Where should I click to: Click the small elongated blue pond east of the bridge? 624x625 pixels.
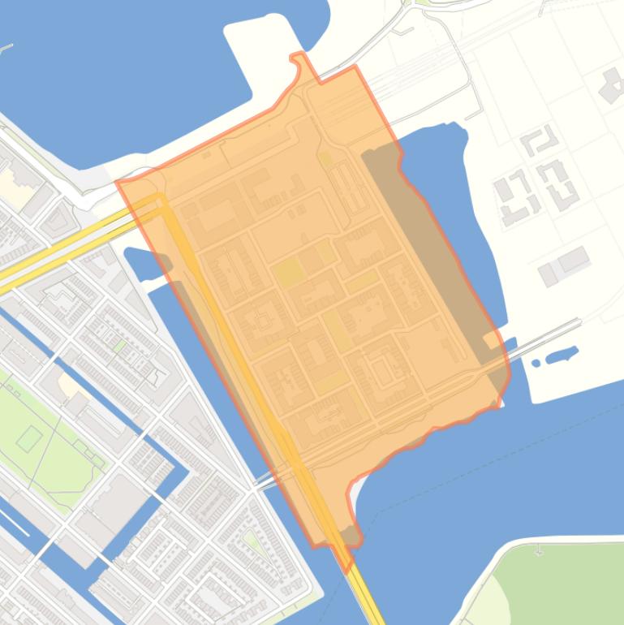point(562,356)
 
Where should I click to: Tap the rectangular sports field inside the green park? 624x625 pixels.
point(29,439)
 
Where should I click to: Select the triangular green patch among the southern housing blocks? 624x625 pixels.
point(255,541)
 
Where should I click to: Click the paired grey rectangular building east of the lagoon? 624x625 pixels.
point(565,265)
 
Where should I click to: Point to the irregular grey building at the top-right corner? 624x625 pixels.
point(610,86)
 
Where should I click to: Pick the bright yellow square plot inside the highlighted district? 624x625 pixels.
point(286,273)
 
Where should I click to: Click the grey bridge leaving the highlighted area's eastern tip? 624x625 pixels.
point(544,338)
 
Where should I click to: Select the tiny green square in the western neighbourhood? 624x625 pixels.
point(120,347)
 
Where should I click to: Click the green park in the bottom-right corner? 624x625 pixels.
point(560,584)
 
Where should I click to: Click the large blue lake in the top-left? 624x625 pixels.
point(122,73)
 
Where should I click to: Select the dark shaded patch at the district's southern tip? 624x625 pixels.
point(350,536)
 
